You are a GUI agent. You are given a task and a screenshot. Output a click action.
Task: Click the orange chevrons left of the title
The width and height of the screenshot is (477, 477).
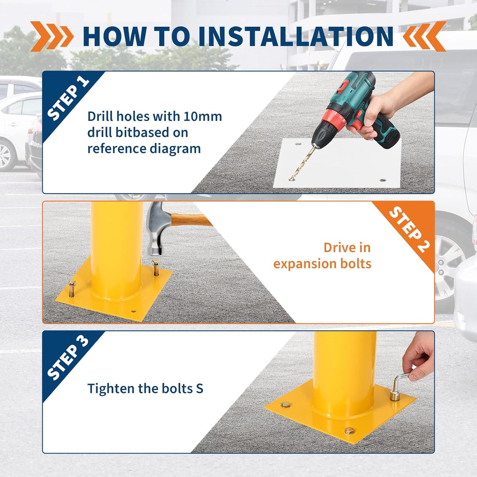52,36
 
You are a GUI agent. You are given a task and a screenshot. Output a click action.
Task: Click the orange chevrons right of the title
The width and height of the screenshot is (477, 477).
425,36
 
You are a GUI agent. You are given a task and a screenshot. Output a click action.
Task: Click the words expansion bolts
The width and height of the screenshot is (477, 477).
322,264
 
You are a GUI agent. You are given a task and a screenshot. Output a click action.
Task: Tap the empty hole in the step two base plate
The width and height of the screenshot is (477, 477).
133,311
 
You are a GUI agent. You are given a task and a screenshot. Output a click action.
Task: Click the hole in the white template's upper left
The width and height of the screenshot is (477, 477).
298,145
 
